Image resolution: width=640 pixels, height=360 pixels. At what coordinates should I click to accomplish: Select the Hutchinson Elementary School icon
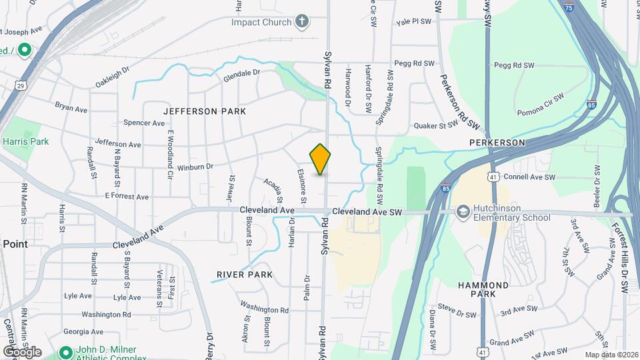[462, 211]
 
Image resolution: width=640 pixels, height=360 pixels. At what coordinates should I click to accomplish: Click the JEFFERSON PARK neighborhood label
[204, 111]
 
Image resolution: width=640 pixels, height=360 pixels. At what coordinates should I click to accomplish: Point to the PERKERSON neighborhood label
[497, 143]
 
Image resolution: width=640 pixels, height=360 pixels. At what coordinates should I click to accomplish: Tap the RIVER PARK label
[245, 275]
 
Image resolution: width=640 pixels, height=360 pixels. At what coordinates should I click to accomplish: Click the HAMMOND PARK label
[484, 289]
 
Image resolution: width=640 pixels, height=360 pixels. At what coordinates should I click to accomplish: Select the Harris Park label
[25, 141]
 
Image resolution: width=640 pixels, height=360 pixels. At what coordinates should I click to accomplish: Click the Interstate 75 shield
[567, 7]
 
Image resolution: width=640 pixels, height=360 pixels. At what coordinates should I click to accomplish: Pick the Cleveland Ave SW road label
[367, 212]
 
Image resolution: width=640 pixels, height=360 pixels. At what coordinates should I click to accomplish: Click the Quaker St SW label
[437, 125]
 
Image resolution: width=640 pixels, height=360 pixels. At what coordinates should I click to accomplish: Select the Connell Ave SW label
[529, 177]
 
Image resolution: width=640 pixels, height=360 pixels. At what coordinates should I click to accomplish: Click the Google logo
[22, 351]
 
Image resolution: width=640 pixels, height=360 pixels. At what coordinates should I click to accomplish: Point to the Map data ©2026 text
[611, 355]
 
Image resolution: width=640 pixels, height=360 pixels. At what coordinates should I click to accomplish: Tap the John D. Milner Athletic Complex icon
[65, 351]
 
